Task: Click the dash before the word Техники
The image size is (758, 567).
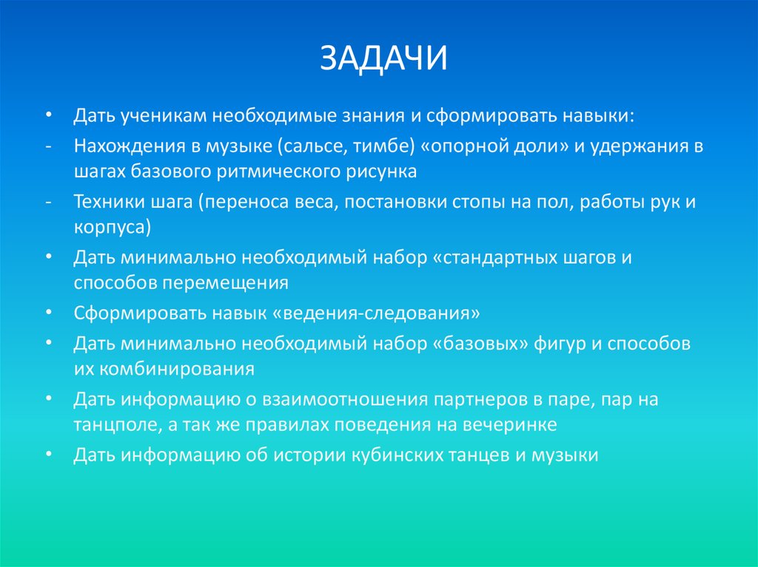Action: click(48, 200)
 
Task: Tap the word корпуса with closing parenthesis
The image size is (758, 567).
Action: click(113, 227)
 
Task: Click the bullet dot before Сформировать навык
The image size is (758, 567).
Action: click(48, 313)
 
